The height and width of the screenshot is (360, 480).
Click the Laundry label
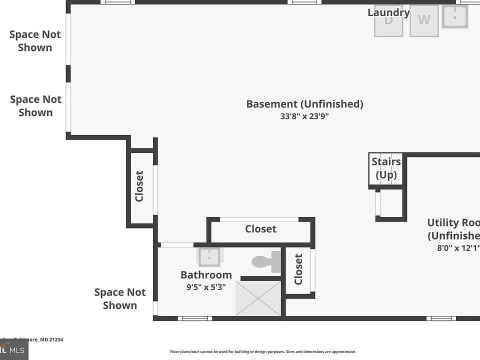[x=388, y=12]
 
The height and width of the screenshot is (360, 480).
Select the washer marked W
[x=424, y=20]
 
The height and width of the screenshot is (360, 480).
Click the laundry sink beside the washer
[x=455, y=16]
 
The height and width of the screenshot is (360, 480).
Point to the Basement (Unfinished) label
[x=304, y=104]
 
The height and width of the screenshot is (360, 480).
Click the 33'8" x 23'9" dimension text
[x=304, y=116]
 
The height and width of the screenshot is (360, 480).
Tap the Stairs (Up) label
[x=386, y=168]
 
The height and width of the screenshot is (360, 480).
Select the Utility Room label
[x=453, y=229]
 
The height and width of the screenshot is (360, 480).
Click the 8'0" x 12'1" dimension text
[x=454, y=247]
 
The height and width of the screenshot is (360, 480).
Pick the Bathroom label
[x=206, y=275]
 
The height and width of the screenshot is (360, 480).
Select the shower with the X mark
[x=258, y=298]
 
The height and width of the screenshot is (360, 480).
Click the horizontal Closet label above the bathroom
[x=260, y=229]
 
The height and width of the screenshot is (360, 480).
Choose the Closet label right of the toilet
[x=298, y=269]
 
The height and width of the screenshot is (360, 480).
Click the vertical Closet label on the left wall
[x=139, y=186]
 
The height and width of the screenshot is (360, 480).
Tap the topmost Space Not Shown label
[x=35, y=41]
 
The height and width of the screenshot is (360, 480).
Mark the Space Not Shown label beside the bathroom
[x=120, y=298]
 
